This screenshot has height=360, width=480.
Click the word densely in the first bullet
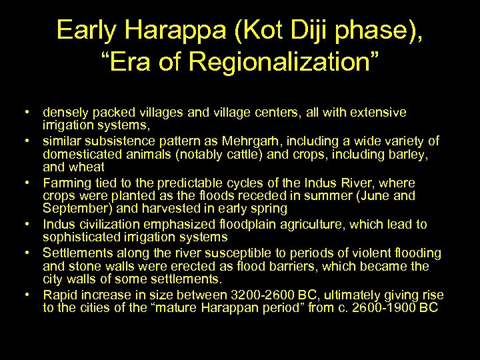(x=65, y=113)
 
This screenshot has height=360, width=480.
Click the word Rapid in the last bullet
(x=61, y=295)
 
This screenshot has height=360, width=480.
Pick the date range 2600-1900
(x=379, y=308)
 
